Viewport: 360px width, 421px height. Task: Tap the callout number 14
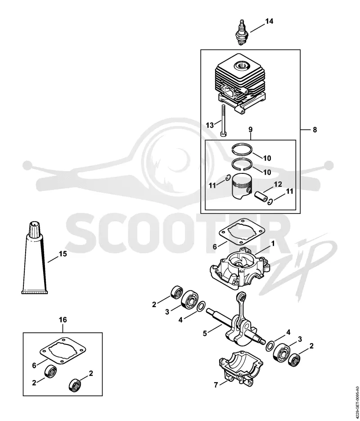[x=269, y=21]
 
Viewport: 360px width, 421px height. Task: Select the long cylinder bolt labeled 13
[x=223, y=121]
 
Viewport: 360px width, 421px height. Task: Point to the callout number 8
[x=315, y=130]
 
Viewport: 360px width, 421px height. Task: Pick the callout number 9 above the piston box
[x=250, y=130]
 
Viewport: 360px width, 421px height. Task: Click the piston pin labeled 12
[x=261, y=196]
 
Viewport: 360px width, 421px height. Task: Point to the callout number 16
[x=63, y=320]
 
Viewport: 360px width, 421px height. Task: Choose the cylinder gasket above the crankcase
[x=242, y=232]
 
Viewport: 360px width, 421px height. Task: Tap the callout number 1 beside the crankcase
[x=273, y=244]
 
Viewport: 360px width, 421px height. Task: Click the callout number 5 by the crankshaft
[x=205, y=334]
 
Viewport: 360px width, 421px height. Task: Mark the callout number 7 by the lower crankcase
[x=216, y=385]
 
